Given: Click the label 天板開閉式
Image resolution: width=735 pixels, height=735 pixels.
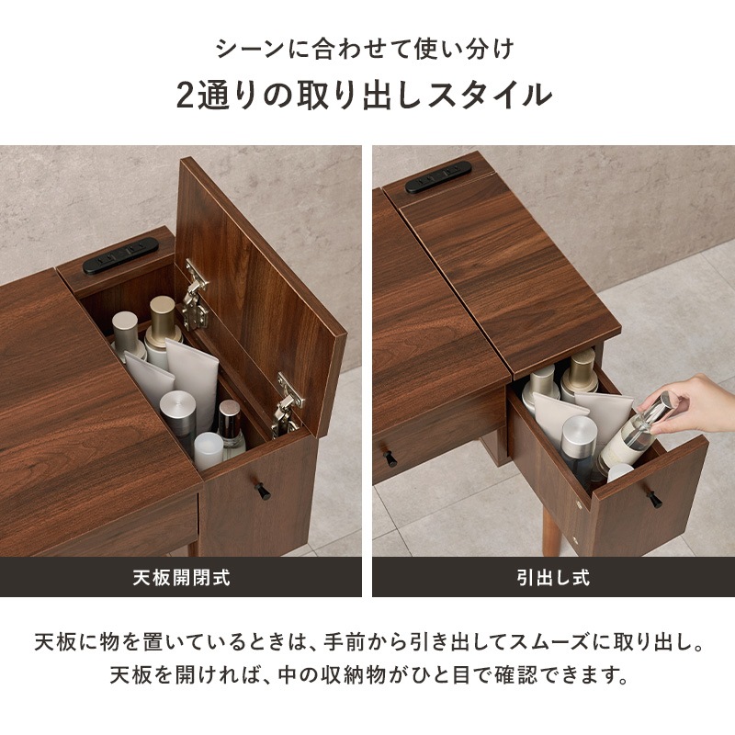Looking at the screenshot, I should [x=180, y=578].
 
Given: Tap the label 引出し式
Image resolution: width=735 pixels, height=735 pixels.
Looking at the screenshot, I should [x=553, y=578].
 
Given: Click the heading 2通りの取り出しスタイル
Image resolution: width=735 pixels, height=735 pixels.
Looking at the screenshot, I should [x=365, y=95].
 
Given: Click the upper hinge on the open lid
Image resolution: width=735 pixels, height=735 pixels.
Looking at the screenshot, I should [x=195, y=293].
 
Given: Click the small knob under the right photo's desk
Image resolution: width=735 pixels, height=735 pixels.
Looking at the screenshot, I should [x=390, y=457].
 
